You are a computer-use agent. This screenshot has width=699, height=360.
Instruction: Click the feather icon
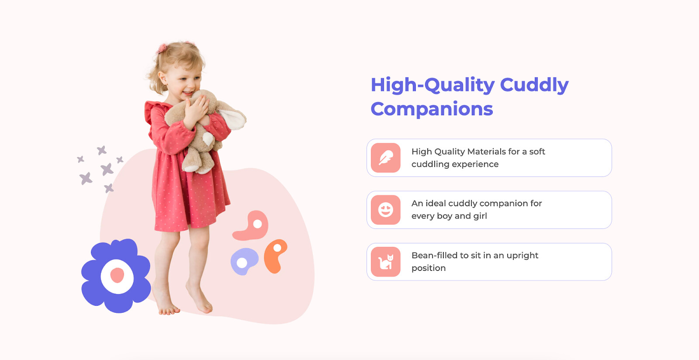[x=386, y=158]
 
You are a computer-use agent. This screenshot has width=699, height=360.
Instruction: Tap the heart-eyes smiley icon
[x=386, y=210]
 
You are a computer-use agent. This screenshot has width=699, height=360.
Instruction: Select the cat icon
[x=386, y=262]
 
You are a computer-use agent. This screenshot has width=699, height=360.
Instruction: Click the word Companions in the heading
[x=432, y=109]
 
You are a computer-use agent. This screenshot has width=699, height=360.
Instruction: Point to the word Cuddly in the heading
[x=534, y=85]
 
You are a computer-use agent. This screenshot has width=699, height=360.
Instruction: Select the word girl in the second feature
[x=480, y=216]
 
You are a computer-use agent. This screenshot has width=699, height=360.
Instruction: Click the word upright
[x=523, y=256]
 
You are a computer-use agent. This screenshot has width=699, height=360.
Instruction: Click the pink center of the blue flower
[x=117, y=275]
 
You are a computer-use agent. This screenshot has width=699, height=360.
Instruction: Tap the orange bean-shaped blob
[x=275, y=256]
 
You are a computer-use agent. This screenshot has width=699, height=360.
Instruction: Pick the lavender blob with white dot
[x=244, y=261]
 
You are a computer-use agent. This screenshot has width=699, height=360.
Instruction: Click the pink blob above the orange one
[x=251, y=226]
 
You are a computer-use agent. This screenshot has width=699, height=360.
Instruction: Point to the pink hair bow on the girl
[x=162, y=48]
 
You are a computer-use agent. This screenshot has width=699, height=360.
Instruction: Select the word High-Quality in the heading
[x=433, y=85]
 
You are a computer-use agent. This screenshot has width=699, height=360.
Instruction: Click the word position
[x=429, y=268]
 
